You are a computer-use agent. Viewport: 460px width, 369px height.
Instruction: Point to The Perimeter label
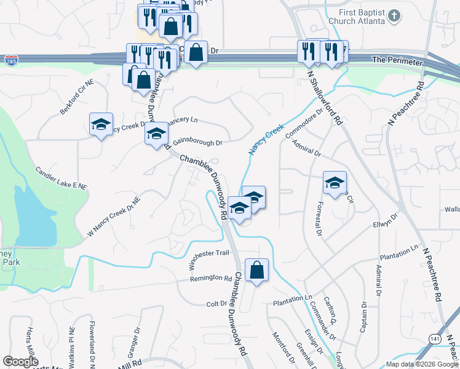[x=398, y=61]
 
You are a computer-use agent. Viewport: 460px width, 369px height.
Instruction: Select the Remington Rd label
[x=211, y=278]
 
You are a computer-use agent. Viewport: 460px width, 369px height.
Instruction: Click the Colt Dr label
[x=216, y=304]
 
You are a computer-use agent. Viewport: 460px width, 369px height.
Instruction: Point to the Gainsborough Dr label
[x=197, y=142]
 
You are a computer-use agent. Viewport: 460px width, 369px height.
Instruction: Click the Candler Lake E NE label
[x=61, y=177]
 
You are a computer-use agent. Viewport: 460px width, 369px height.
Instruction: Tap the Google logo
[x=21, y=361]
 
